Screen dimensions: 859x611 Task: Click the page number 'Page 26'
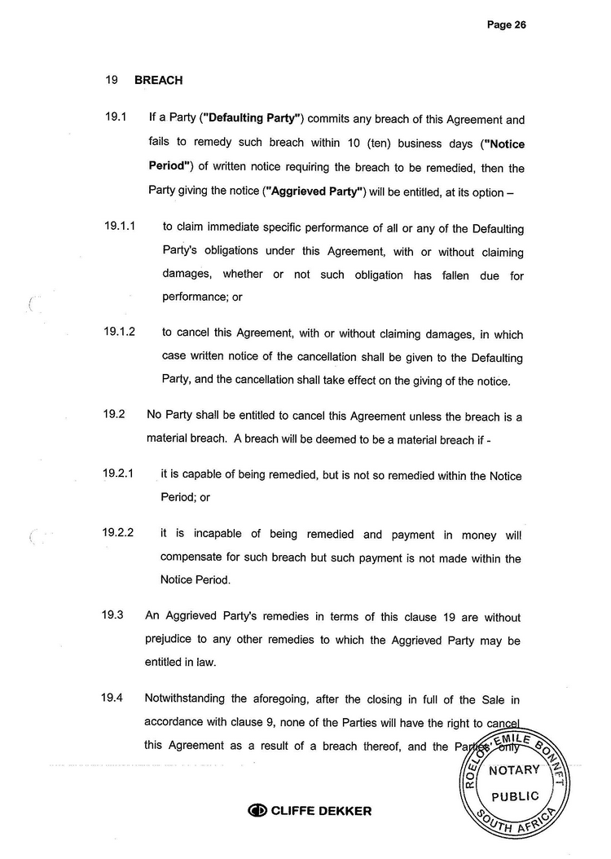pyautogui.click(x=507, y=24)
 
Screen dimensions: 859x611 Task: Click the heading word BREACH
pyautogui.click(x=158, y=81)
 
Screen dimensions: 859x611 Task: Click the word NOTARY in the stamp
pyautogui.click(x=515, y=770)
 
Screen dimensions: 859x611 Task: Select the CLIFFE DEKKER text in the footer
pyautogui.click(x=321, y=811)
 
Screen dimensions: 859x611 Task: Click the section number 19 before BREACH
pyautogui.click(x=112, y=81)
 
